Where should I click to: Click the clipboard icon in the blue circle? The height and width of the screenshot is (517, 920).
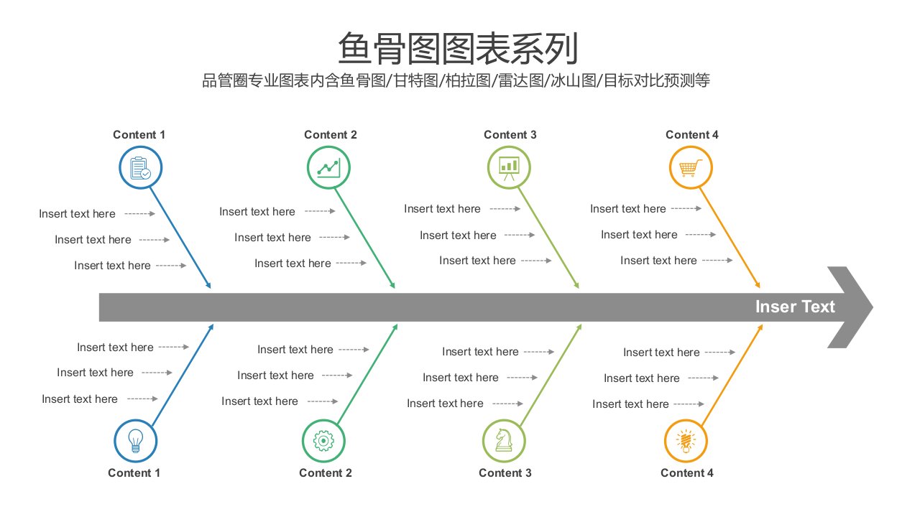[x=140, y=168]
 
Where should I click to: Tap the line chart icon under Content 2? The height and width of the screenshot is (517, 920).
[x=328, y=168]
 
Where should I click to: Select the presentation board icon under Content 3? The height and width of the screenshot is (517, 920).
[x=509, y=168]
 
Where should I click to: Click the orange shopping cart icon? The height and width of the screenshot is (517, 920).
[x=691, y=168]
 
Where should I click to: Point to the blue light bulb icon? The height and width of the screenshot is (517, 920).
[x=136, y=441]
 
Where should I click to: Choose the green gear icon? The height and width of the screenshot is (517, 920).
[x=323, y=441]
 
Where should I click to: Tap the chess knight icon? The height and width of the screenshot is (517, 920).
[x=504, y=440]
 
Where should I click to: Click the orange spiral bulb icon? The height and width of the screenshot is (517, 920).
[x=686, y=441]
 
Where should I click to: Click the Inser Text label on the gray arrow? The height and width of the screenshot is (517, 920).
[x=795, y=307]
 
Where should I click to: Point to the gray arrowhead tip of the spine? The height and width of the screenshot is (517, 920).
[x=873, y=307]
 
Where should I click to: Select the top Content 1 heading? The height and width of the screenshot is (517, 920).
[x=139, y=134]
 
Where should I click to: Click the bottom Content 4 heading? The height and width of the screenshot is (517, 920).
[x=686, y=472]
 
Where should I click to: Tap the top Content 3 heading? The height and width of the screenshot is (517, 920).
[x=510, y=134]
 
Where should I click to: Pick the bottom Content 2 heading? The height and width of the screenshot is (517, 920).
[x=326, y=472]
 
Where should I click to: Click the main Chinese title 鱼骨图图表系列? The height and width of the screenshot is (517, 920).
[x=458, y=48]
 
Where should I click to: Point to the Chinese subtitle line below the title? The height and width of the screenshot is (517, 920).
[x=456, y=80]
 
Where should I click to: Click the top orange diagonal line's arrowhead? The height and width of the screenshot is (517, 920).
[x=758, y=285]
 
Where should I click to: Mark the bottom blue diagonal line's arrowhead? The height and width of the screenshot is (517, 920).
[x=211, y=327]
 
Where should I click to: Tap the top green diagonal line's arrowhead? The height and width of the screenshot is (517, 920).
[x=392, y=285]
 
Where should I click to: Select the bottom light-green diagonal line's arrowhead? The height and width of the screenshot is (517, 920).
[x=579, y=327]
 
